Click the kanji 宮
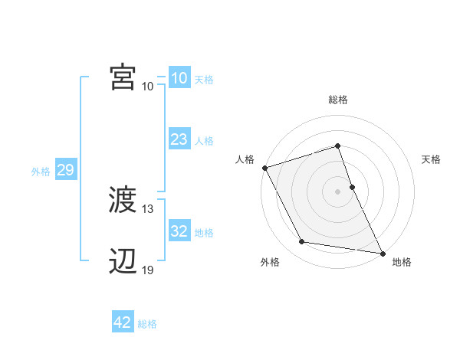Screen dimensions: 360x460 [x=123, y=78]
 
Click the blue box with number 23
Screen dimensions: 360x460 [x=179, y=139]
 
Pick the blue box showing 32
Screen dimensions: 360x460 [x=179, y=231]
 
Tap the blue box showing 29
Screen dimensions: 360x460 [x=65, y=170]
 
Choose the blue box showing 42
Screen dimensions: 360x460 [x=123, y=322]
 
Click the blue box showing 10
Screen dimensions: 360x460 [x=179, y=78]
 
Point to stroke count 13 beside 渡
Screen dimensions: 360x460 [x=148, y=209]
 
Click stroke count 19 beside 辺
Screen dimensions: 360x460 [x=148, y=270]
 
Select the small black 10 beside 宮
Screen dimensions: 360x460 [x=148, y=86]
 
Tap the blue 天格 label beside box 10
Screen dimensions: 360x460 [x=204, y=80]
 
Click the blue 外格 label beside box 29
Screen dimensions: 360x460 [x=41, y=172]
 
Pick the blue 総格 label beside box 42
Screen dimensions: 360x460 [x=147, y=324]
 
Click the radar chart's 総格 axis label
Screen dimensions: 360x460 [x=338, y=100]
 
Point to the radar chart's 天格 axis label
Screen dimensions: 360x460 [x=432, y=159]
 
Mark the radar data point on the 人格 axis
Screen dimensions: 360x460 [x=264, y=168]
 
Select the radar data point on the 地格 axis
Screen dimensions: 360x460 [x=381, y=252]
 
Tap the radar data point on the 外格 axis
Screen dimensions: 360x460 [x=302, y=242]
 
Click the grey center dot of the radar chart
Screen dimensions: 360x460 [x=338, y=191]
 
